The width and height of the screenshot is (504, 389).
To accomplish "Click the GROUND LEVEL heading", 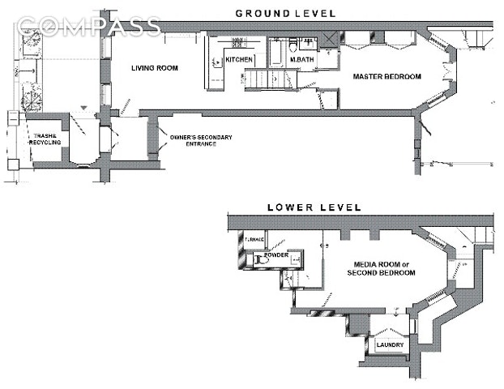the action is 286,13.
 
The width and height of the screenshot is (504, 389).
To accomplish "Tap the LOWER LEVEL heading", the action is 314,208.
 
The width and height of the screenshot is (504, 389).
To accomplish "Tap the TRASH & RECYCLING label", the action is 43,139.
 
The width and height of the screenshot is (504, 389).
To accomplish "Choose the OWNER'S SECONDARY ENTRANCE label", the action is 201,141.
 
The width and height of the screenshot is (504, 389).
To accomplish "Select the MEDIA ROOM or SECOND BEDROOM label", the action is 381,269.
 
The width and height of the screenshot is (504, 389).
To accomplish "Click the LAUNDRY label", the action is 390,346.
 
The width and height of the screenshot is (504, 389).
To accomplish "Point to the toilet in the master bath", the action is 305,45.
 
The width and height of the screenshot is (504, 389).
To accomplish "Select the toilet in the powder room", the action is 262,261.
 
